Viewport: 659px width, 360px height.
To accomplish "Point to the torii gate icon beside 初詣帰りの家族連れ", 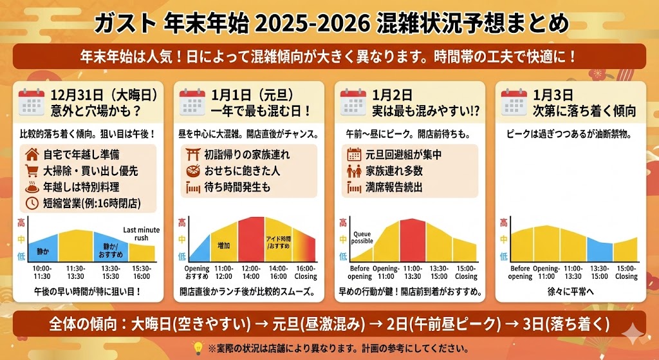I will coord(191,155).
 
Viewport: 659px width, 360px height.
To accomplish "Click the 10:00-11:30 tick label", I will coord(42,272).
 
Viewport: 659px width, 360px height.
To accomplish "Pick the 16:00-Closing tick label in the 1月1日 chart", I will coord(305,272).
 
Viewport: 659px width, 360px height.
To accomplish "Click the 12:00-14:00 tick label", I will coord(251,272).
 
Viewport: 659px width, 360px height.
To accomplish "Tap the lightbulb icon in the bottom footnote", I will coord(199,348).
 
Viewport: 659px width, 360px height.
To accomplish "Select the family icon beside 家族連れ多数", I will coord(353,171).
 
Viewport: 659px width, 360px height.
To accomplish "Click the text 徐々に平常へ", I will coord(571,292).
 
